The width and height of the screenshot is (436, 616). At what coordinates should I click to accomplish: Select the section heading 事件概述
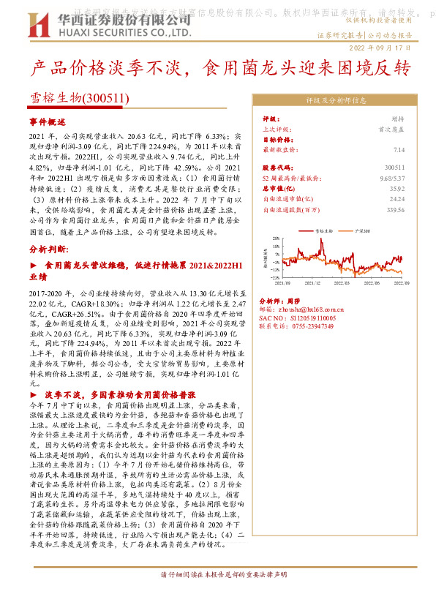click(47, 122)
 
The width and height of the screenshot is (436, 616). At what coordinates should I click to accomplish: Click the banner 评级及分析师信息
click(336, 100)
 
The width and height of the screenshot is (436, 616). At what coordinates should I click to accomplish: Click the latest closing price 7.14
click(399, 149)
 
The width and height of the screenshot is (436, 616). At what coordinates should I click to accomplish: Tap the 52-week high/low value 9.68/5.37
click(391, 178)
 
